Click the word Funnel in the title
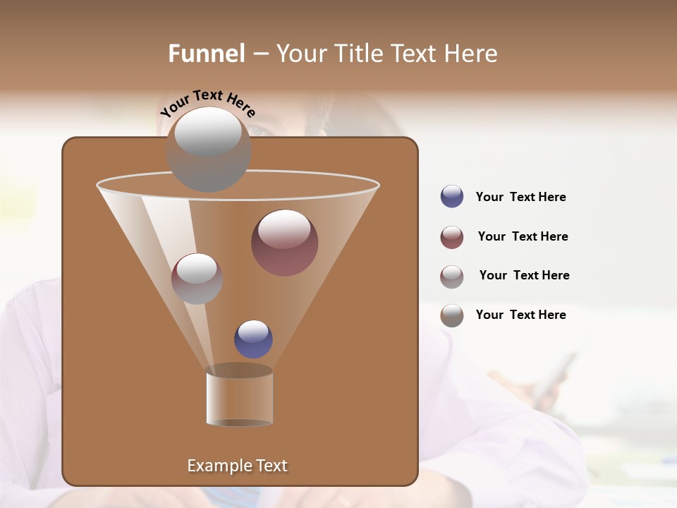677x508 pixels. (x=206, y=53)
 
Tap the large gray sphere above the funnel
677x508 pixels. (x=209, y=149)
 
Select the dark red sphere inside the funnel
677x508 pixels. (x=285, y=243)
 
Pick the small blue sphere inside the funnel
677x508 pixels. (x=253, y=339)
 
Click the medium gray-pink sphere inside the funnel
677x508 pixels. (x=197, y=279)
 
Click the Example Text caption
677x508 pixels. (x=238, y=466)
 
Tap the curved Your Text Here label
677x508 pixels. (x=208, y=103)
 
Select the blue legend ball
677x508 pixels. (x=452, y=197)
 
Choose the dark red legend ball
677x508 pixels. (x=452, y=237)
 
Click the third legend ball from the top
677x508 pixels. (x=452, y=277)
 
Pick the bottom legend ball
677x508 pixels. (x=452, y=315)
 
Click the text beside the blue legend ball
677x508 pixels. (x=520, y=197)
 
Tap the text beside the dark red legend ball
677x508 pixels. (x=523, y=236)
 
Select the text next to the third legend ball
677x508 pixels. (x=524, y=275)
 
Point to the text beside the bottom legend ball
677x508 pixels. (x=520, y=315)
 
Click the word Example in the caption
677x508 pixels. (x=218, y=466)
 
